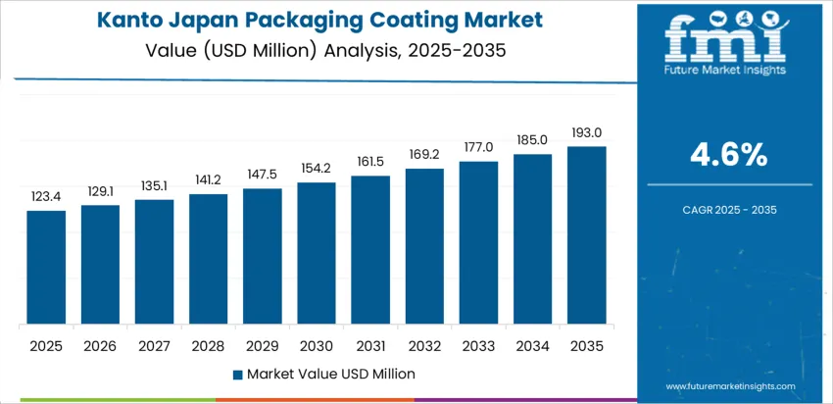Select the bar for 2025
point(46,267)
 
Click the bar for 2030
point(317,253)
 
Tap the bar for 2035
point(586,235)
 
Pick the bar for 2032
point(424,246)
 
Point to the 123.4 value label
point(46,197)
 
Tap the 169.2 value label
point(424,155)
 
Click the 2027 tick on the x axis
point(154,345)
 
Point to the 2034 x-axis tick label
point(532,345)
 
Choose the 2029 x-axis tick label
point(263,345)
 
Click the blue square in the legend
point(237,375)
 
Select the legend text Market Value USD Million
point(330,374)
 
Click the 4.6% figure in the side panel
point(727,155)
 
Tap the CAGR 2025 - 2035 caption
point(727,209)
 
